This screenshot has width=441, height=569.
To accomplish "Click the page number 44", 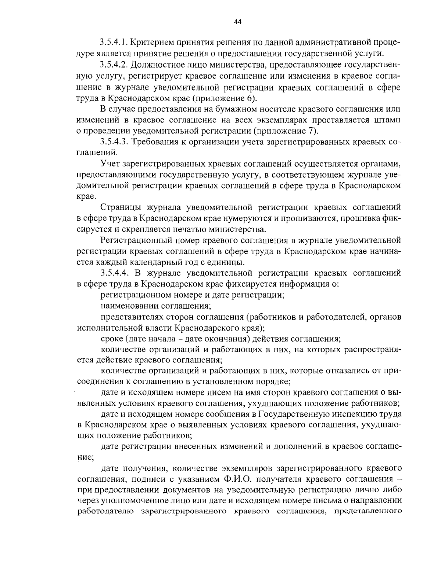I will pos(237,22).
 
